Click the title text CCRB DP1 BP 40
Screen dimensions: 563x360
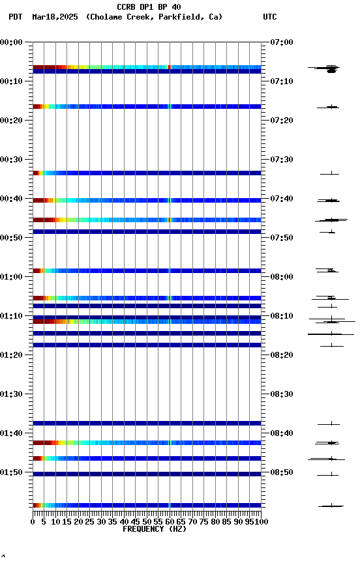click(149, 7)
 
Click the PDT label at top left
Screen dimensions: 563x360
click(15, 17)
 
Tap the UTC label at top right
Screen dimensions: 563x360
click(269, 17)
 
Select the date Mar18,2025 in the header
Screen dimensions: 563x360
click(55, 17)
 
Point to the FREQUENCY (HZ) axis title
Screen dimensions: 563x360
click(147, 529)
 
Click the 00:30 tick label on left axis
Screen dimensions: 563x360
click(12, 160)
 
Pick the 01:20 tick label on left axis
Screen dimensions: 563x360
click(12, 355)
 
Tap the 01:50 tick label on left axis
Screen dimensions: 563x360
click(12, 472)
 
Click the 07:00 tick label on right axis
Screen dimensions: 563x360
click(281, 42)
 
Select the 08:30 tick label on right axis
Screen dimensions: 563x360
click(281, 394)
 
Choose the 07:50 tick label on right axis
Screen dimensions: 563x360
click(281, 238)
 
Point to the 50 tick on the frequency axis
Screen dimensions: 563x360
click(147, 521)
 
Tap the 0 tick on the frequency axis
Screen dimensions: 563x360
click(33, 521)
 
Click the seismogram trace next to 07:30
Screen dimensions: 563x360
click(330, 173)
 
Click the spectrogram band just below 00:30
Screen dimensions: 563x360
click(147, 173)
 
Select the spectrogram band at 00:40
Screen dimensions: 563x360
click(147, 201)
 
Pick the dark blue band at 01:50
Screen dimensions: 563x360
click(147, 474)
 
